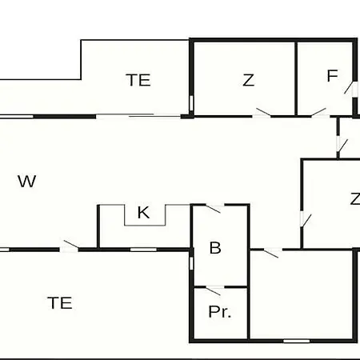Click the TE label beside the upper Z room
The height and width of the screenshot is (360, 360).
pyautogui.click(x=138, y=80)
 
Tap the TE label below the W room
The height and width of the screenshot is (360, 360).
pyautogui.click(x=60, y=303)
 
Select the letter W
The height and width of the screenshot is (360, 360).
pyautogui.click(x=27, y=182)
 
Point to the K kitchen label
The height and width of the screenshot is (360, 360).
pyautogui.click(x=143, y=213)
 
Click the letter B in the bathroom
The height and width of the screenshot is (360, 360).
pyautogui.click(x=215, y=248)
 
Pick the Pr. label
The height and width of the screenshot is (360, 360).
pyautogui.click(x=220, y=312)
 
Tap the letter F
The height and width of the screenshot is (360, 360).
pyautogui.click(x=332, y=76)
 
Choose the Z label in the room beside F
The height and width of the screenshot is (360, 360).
pyautogui.click(x=248, y=80)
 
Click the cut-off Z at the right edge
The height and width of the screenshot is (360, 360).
pyautogui.click(x=355, y=199)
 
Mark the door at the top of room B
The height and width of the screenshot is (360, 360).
pyautogui.click(x=214, y=208)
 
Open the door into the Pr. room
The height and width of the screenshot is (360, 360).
pyautogui.click(x=214, y=290)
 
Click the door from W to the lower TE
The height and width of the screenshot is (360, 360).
pyautogui.click(x=69, y=246)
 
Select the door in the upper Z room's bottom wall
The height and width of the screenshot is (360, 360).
pyautogui.click(x=262, y=113)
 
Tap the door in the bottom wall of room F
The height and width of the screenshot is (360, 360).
pyautogui.click(x=320, y=113)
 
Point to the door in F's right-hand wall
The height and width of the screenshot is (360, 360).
pyautogui.click(x=350, y=89)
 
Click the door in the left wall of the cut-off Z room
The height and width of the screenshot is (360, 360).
pyautogui.click(x=306, y=220)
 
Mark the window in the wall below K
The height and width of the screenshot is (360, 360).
pyautogui.click(x=143, y=250)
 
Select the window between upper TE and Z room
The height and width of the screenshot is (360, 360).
pyautogui.click(x=191, y=103)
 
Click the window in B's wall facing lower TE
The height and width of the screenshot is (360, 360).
pyautogui.click(x=191, y=263)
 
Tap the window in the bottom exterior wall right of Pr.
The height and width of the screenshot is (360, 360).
pyautogui.click(x=296, y=341)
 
